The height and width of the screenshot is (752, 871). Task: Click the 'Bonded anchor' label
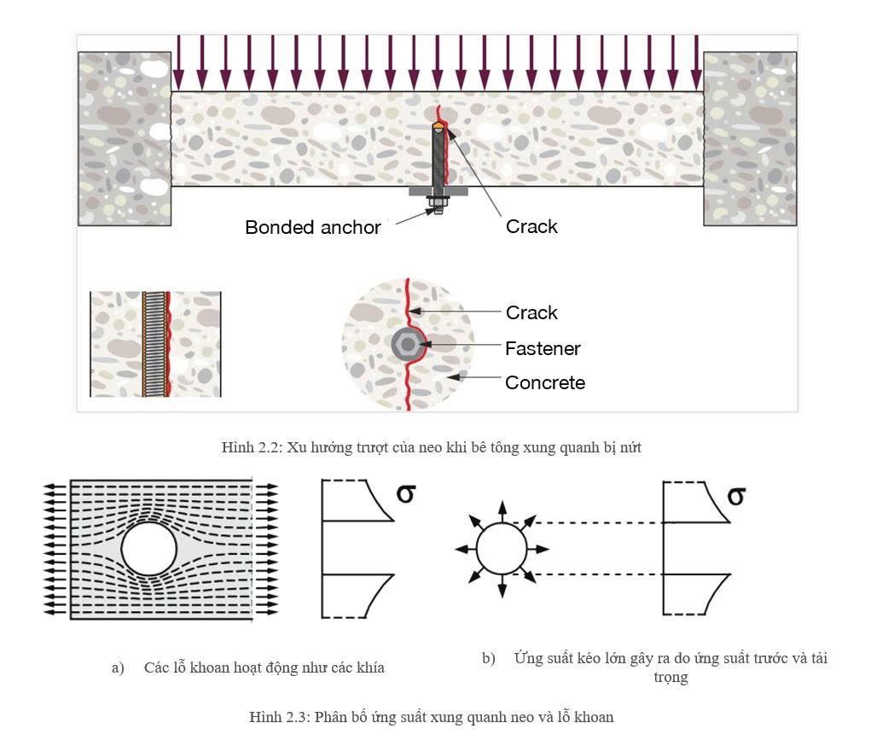tap(313, 227)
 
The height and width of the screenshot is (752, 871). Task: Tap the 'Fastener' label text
tap(543, 348)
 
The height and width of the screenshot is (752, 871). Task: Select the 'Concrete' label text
tap(545, 382)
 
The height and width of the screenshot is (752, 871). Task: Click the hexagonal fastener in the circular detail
tap(407, 345)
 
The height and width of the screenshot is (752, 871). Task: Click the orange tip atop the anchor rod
tap(438, 127)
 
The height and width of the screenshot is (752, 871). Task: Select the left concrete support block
tap(125, 139)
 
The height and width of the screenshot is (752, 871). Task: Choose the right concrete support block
tap(750, 139)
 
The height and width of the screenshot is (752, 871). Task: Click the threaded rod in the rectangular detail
tap(155, 344)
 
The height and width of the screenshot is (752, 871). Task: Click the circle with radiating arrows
tap(502, 549)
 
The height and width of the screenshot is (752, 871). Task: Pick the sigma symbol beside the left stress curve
tap(406, 493)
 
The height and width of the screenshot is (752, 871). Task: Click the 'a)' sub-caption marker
tap(118, 667)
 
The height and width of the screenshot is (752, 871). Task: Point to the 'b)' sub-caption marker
tap(489, 658)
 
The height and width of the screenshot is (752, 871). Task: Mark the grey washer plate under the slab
tap(438, 190)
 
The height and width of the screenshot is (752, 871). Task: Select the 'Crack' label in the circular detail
tap(531, 312)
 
